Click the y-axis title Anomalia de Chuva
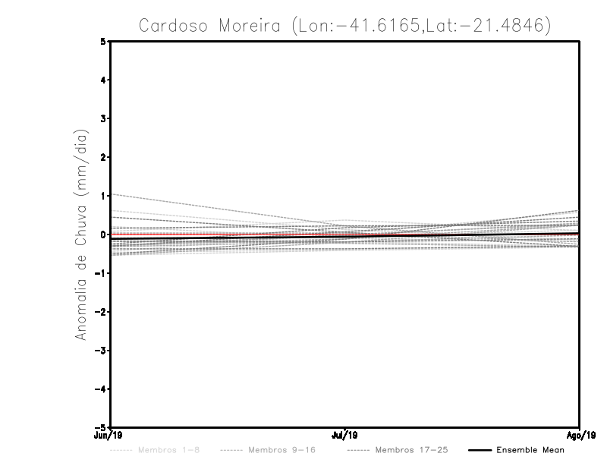(80, 234)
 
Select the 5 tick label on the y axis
(103, 41)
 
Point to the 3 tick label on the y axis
(103, 118)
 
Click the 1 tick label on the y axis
(103, 196)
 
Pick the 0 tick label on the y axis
(103, 234)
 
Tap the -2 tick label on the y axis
(101, 312)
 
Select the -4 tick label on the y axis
(101, 389)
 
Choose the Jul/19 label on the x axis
(345, 436)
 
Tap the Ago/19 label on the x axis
(578, 436)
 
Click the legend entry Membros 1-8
(168, 450)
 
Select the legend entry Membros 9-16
(281, 450)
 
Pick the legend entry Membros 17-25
(411, 450)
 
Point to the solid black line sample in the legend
(479, 450)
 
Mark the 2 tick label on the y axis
(103, 157)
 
